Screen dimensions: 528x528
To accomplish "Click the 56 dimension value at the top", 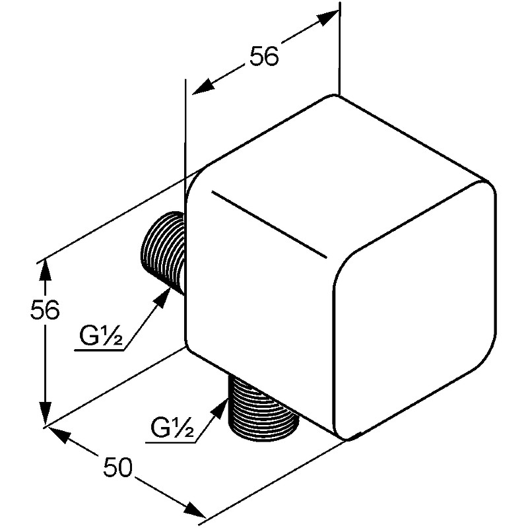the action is point(265,55).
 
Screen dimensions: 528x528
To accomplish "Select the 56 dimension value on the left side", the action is point(45,310).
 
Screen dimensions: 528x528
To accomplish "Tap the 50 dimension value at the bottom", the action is point(118,467).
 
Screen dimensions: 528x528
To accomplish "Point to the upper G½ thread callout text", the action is point(101,336).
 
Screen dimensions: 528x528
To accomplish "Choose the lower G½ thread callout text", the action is point(172,428).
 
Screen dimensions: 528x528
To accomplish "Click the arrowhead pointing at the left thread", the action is point(162,297).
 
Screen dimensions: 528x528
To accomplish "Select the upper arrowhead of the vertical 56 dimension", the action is point(45,273).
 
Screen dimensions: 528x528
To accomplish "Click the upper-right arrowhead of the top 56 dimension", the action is point(325,18).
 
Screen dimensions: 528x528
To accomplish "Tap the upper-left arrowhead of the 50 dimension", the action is point(58,435).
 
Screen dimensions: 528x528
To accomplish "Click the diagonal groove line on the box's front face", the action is point(269,225).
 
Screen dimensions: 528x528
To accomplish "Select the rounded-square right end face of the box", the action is point(414,310).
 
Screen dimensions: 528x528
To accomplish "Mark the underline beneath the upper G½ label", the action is point(100,350).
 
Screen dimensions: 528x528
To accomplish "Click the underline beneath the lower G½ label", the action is point(171,442).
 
